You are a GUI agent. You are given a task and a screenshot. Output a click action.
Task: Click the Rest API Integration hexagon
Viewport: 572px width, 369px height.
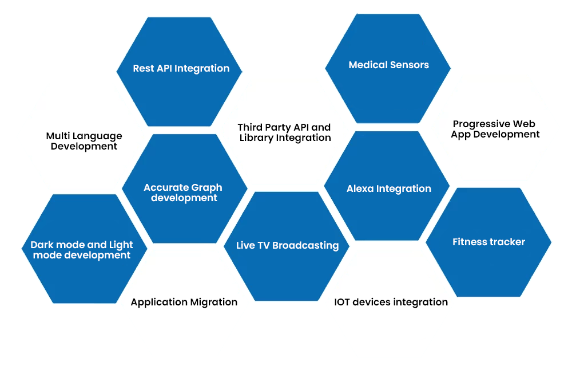click(x=179, y=72)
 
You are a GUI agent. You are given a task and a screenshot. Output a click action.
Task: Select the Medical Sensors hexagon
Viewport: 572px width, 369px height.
click(x=388, y=68)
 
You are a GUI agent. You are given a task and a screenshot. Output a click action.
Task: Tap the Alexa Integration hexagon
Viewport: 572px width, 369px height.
click(x=387, y=186)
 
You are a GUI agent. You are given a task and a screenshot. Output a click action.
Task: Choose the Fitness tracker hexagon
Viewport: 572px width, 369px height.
click(x=488, y=242)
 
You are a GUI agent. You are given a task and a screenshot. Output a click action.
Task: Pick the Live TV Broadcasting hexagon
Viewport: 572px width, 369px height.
click(x=287, y=246)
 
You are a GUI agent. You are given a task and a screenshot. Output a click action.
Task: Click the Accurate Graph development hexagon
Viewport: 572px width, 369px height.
click(x=185, y=189)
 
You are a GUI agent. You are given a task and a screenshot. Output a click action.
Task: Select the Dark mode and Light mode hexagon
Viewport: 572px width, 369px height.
click(x=84, y=249)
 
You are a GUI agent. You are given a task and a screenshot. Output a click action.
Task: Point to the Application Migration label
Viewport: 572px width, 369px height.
click(x=184, y=302)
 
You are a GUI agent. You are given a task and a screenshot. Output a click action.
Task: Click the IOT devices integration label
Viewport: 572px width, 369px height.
click(x=391, y=302)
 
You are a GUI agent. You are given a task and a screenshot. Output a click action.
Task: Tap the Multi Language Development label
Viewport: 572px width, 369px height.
click(x=84, y=141)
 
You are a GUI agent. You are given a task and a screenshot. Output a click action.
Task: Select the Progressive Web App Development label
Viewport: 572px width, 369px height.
click(x=495, y=129)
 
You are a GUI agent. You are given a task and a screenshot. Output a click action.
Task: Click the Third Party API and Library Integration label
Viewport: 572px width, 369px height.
click(x=284, y=132)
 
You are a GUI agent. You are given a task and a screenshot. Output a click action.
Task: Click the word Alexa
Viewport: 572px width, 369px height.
click(x=360, y=189)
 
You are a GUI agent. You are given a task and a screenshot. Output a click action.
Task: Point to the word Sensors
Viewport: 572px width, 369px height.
click(x=410, y=65)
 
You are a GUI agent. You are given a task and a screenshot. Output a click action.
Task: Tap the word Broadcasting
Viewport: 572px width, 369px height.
click(x=305, y=245)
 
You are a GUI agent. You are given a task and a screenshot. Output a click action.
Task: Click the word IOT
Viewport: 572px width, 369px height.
click(x=342, y=302)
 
